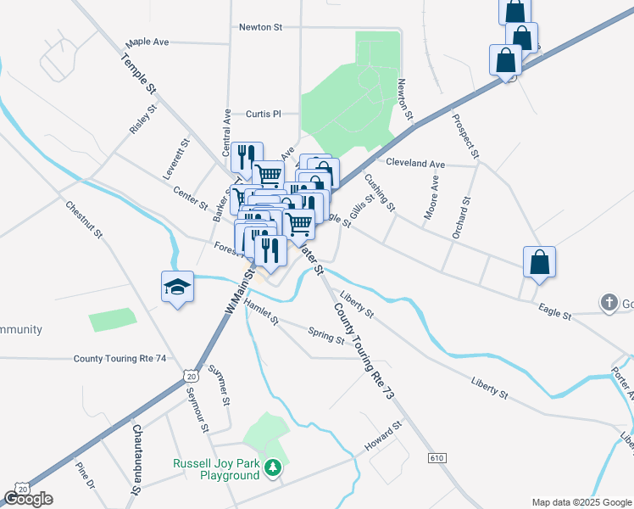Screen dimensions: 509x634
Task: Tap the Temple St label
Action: [139, 74]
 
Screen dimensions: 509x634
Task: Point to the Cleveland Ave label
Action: [415, 163]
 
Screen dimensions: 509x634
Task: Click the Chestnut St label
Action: [84, 219]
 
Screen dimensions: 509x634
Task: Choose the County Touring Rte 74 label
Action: [120, 359]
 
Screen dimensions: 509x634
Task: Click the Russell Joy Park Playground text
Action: [216, 469]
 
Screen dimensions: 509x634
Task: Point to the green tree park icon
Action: [272, 468]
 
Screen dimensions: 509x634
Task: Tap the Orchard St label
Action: [461, 217]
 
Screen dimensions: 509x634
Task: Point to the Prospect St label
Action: [466, 137]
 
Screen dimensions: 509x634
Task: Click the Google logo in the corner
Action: [28, 498]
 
